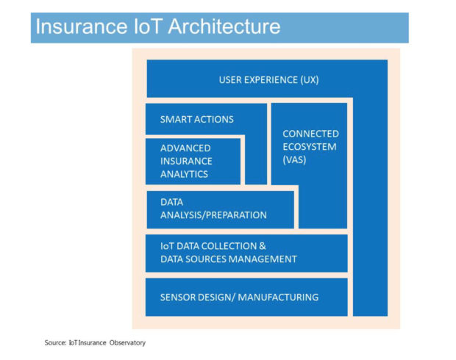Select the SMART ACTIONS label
[196, 119]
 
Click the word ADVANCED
[186, 148]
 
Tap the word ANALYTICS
[184, 174]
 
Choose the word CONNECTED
[310, 134]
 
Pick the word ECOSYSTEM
[310, 147]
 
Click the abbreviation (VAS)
[294, 160]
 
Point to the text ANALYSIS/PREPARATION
[213, 215]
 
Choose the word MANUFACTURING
[280, 297]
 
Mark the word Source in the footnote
[56, 342]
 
